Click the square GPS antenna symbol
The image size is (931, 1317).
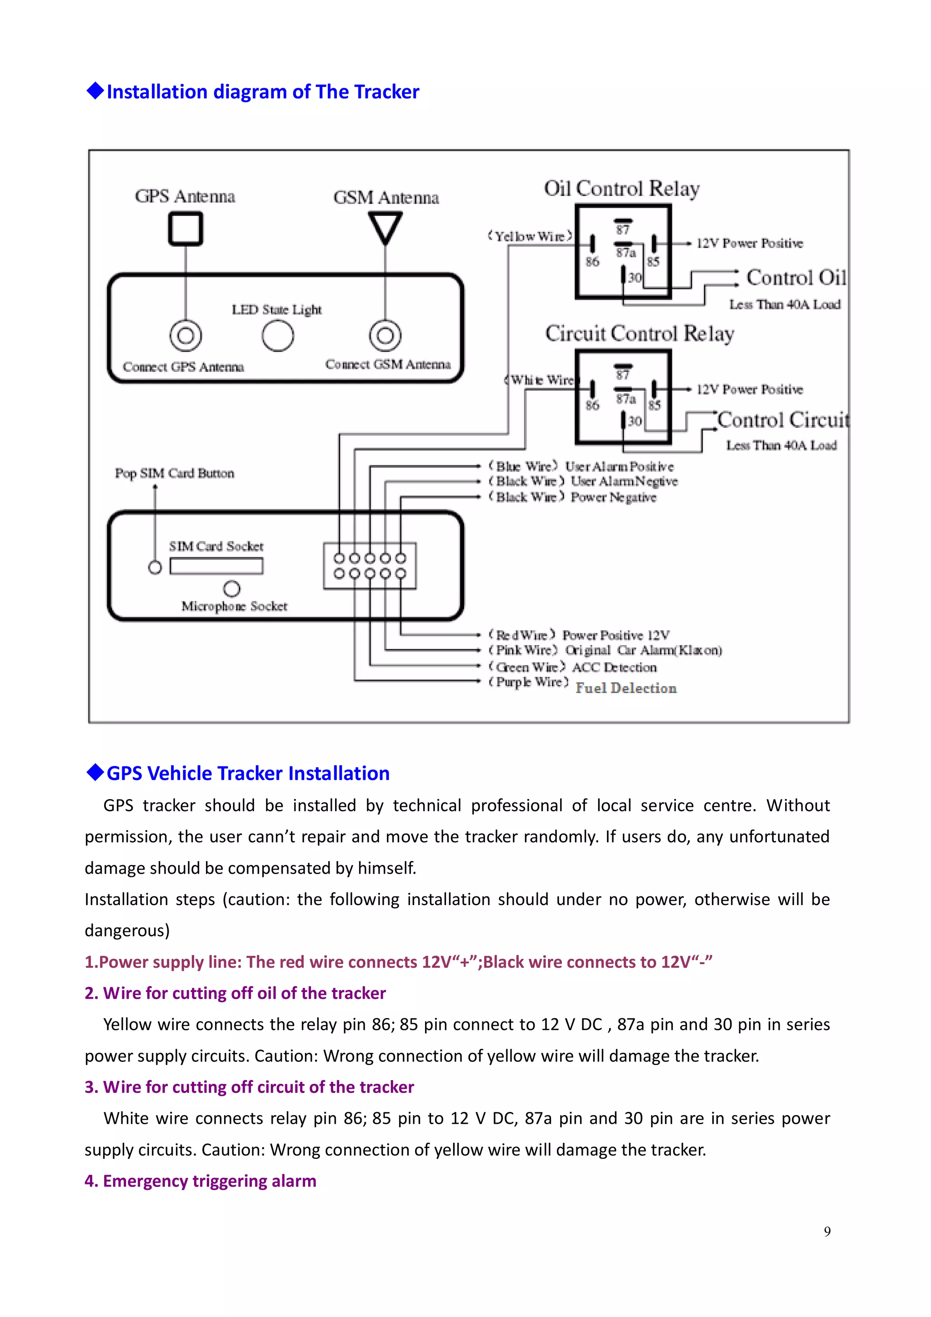(185, 228)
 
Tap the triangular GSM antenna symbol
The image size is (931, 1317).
(385, 226)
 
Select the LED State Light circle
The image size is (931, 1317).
(278, 336)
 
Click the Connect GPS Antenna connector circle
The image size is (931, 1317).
(185, 336)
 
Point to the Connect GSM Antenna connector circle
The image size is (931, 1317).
(385, 336)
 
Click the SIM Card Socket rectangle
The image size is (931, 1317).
(216, 566)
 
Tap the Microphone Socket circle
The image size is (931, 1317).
(232, 589)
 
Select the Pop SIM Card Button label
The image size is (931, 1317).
(175, 473)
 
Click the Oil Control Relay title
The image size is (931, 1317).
(621, 188)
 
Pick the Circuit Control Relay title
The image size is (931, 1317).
(639, 333)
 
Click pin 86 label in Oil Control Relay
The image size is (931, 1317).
(592, 262)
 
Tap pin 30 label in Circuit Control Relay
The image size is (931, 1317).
(635, 421)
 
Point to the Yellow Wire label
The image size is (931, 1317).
(530, 236)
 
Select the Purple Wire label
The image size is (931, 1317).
(528, 682)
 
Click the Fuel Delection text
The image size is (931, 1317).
(626, 688)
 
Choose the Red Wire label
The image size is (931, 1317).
(521, 635)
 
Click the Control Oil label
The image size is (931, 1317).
(796, 278)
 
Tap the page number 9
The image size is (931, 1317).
(826, 1232)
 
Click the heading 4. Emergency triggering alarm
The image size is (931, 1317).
(200, 1181)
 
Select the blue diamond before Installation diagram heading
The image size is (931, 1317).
(95, 90)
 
